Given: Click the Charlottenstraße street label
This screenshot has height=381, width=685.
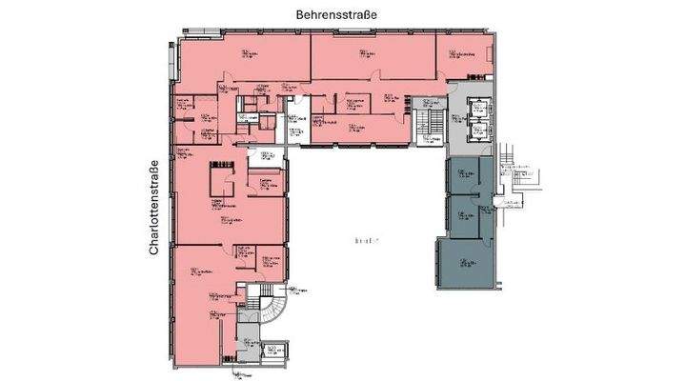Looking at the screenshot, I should [153, 210].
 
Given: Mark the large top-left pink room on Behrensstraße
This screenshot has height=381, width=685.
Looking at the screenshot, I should [243, 62].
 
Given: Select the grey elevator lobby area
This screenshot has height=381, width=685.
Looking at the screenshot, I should [457, 119].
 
